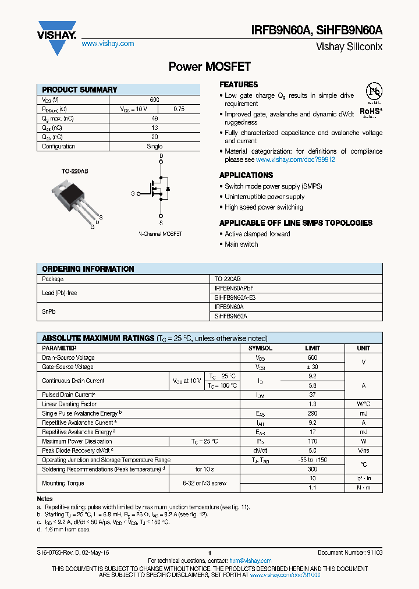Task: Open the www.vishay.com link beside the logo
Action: click(108, 44)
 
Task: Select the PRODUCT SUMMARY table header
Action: click(80, 90)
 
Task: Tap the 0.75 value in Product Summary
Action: click(179, 109)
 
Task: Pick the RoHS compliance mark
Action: click(370, 111)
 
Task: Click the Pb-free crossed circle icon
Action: click(372, 93)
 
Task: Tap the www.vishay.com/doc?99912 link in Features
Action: click(295, 159)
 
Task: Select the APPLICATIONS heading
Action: click(246, 175)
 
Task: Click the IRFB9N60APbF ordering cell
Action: click(234, 288)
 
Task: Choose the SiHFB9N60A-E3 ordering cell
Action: click(235, 297)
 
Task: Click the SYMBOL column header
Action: click(260, 348)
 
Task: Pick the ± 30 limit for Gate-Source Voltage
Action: click(313, 367)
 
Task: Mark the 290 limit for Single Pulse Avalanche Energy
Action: click(313, 413)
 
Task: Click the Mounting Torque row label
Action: click(63, 483)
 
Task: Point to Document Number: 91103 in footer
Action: click(350, 552)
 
